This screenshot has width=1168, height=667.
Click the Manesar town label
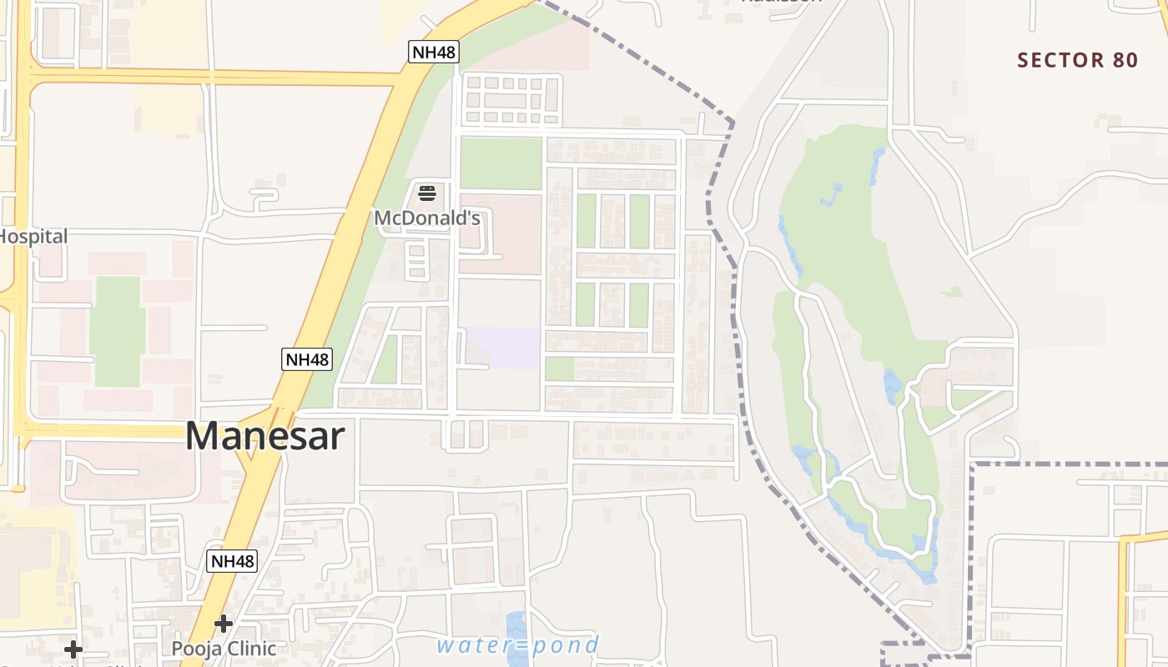click(x=265, y=436)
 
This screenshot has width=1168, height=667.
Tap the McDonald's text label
click(x=427, y=218)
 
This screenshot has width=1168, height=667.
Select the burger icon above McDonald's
click(x=427, y=194)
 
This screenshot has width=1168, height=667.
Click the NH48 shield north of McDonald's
click(x=434, y=53)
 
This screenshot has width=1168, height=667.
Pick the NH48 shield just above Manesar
click(x=307, y=359)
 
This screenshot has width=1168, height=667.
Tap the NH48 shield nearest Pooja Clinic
click(x=232, y=561)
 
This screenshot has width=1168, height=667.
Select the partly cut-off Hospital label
click(x=33, y=237)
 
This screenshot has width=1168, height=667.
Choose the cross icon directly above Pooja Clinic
click(x=223, y=624)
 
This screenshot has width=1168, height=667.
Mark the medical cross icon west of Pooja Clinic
click(x=73, y=649)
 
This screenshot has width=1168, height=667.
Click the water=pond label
click(x=517, y=644)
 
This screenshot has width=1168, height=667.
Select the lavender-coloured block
click(x=502, y=348)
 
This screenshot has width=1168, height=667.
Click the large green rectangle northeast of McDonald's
click(x=501, y=163)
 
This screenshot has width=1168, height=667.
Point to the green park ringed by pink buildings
click(x=117, y=331)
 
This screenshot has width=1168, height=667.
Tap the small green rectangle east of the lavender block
click(x=559, y=369)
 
